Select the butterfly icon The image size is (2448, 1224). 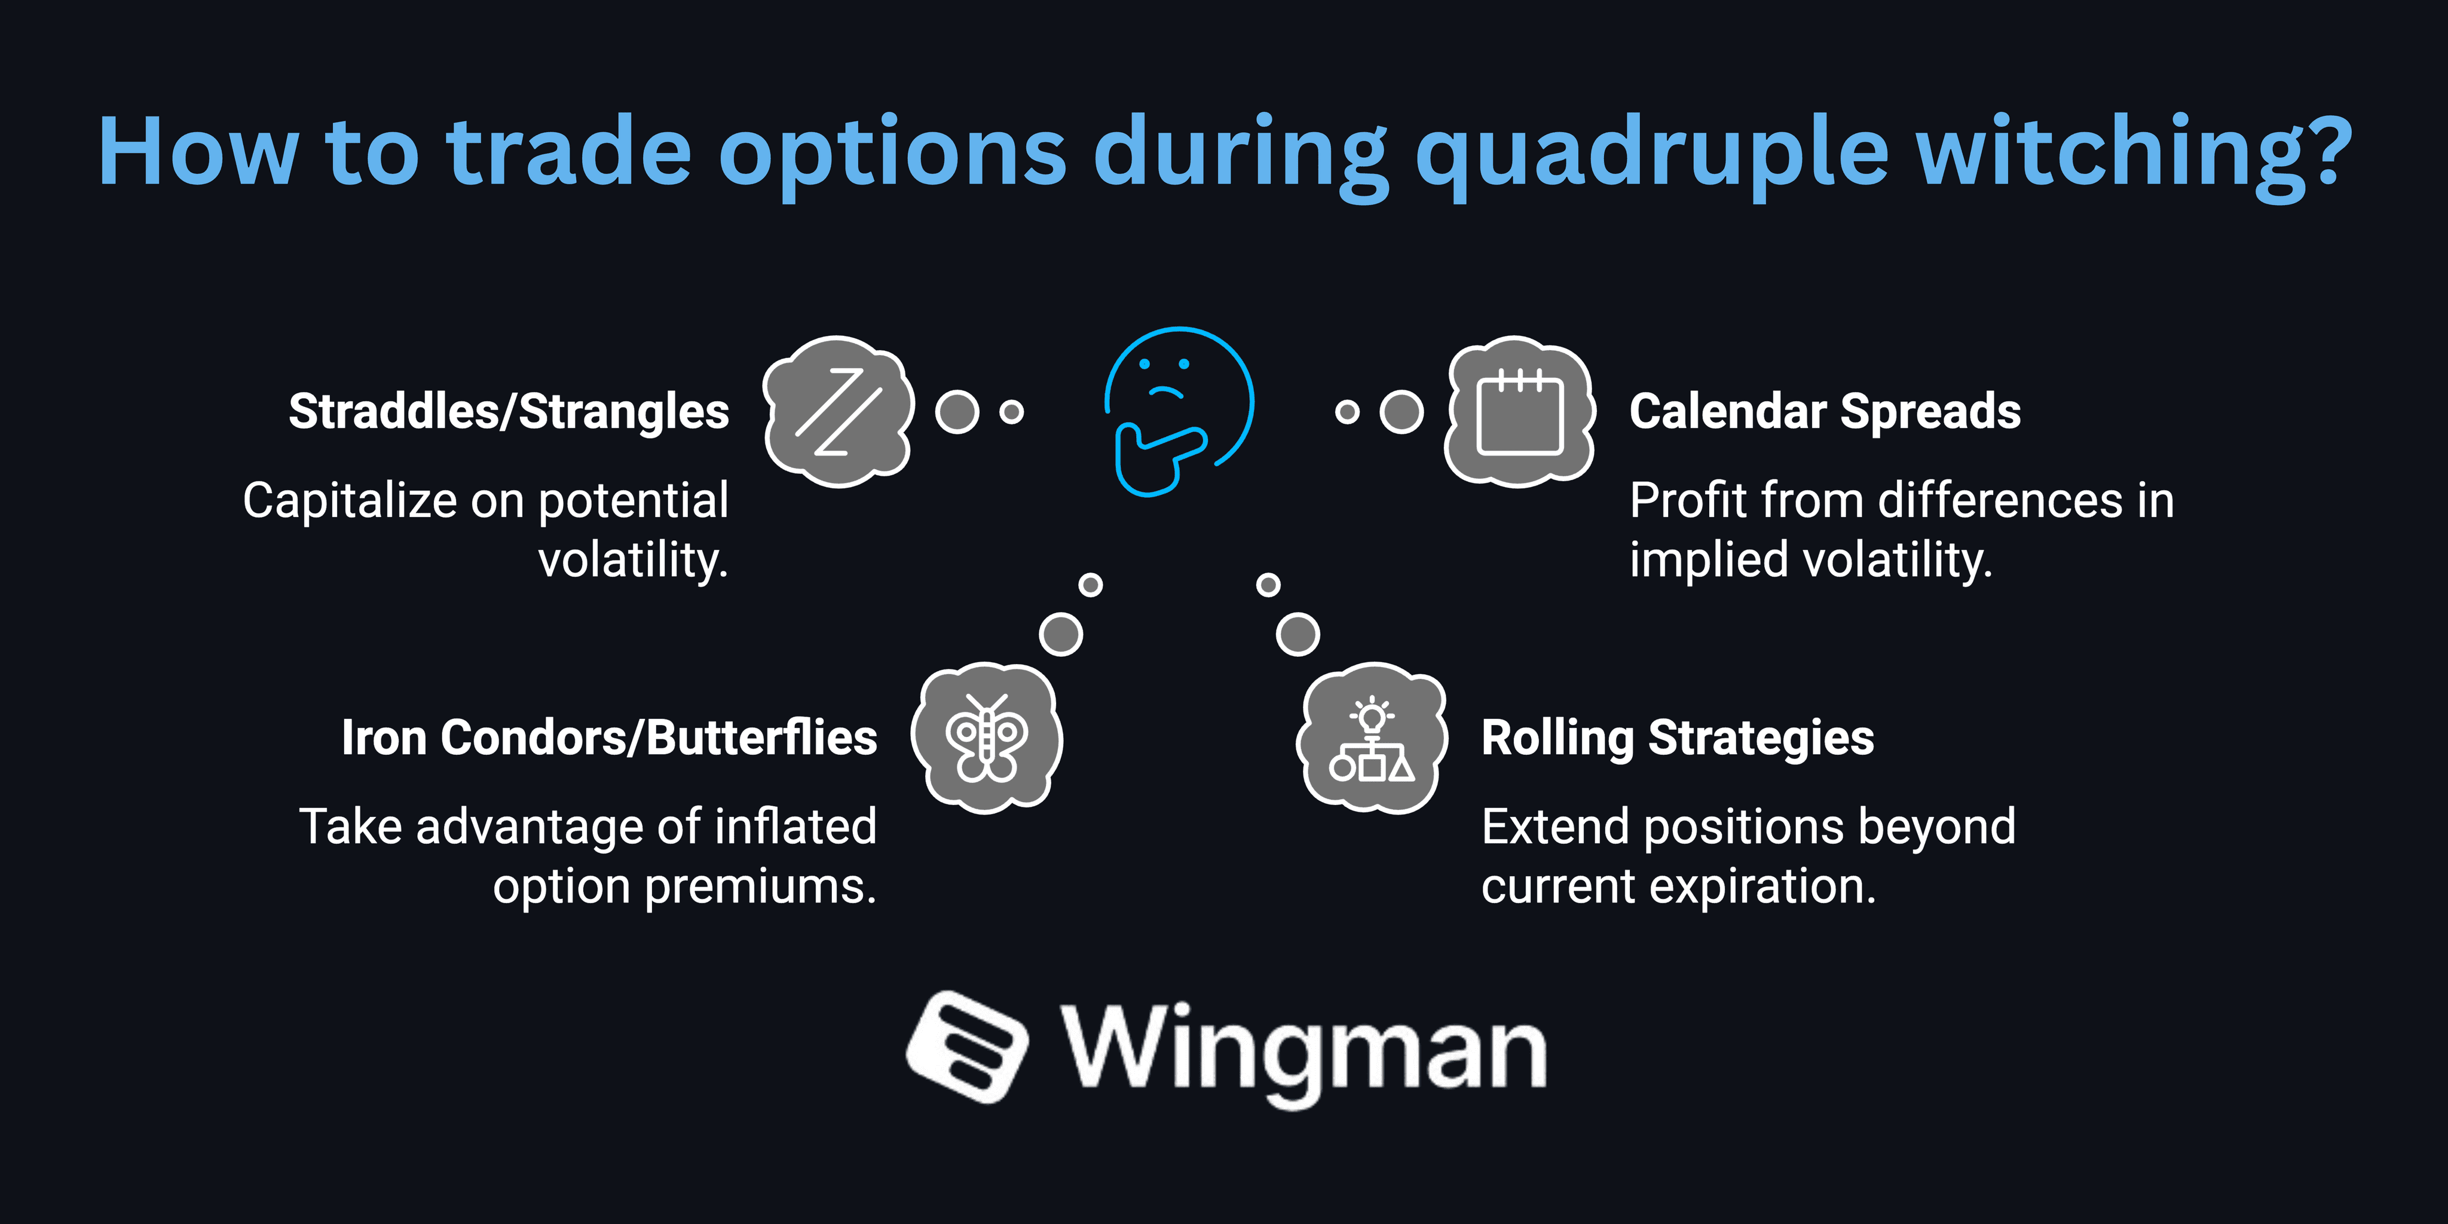click(986, 738)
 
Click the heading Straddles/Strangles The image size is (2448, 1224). click(509, 411)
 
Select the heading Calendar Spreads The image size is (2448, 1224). click(1825, 411)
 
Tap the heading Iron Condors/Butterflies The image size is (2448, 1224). click(609, 738)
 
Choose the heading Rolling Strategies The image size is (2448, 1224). click(1677, 738)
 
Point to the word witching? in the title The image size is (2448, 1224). click(2134, 152)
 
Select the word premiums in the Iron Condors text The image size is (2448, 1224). click(760, 887)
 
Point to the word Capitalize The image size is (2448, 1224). click(350, 501)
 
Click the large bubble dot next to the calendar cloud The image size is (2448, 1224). click(1401, 411)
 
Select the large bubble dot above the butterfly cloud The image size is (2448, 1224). click(1061, 634)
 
